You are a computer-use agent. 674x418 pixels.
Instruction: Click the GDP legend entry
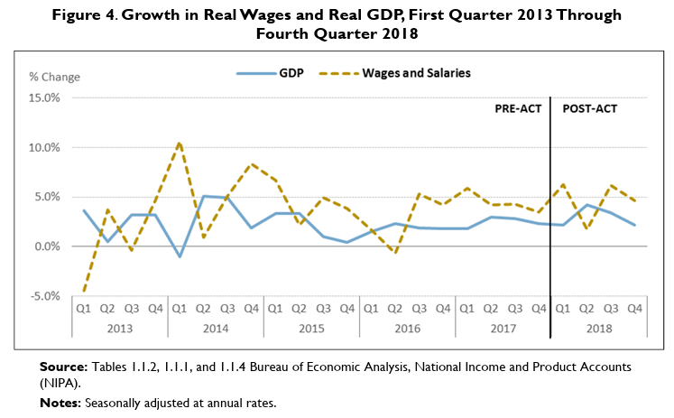pyautogui.click(x=274, y=72)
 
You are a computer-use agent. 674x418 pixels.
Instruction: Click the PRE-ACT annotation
pyautogui.click(x=517, y=108)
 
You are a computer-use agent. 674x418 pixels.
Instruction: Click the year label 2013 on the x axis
pyautogui.click(x=119, y=327)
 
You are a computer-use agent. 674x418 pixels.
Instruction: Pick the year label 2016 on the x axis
pyautogui.click(x=407, y=327)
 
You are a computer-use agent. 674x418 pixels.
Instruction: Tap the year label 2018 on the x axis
pyautogui.click(x=598, y=327)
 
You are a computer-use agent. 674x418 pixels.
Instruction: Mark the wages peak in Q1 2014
pyautogui.click(x=180, y=143)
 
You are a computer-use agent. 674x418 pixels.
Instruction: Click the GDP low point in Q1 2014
pyautogui.click(x=180, y=256)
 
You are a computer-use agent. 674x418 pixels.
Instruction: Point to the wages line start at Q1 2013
pyautogui.click(x=84, y=291)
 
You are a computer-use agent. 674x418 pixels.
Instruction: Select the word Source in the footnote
pyautogui.click(x=62, y=368)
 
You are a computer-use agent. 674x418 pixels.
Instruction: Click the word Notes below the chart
pyautogui.click(x=60, y=404)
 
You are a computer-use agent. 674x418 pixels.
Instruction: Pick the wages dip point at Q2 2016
pyautogui.click(x=395, y=253)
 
